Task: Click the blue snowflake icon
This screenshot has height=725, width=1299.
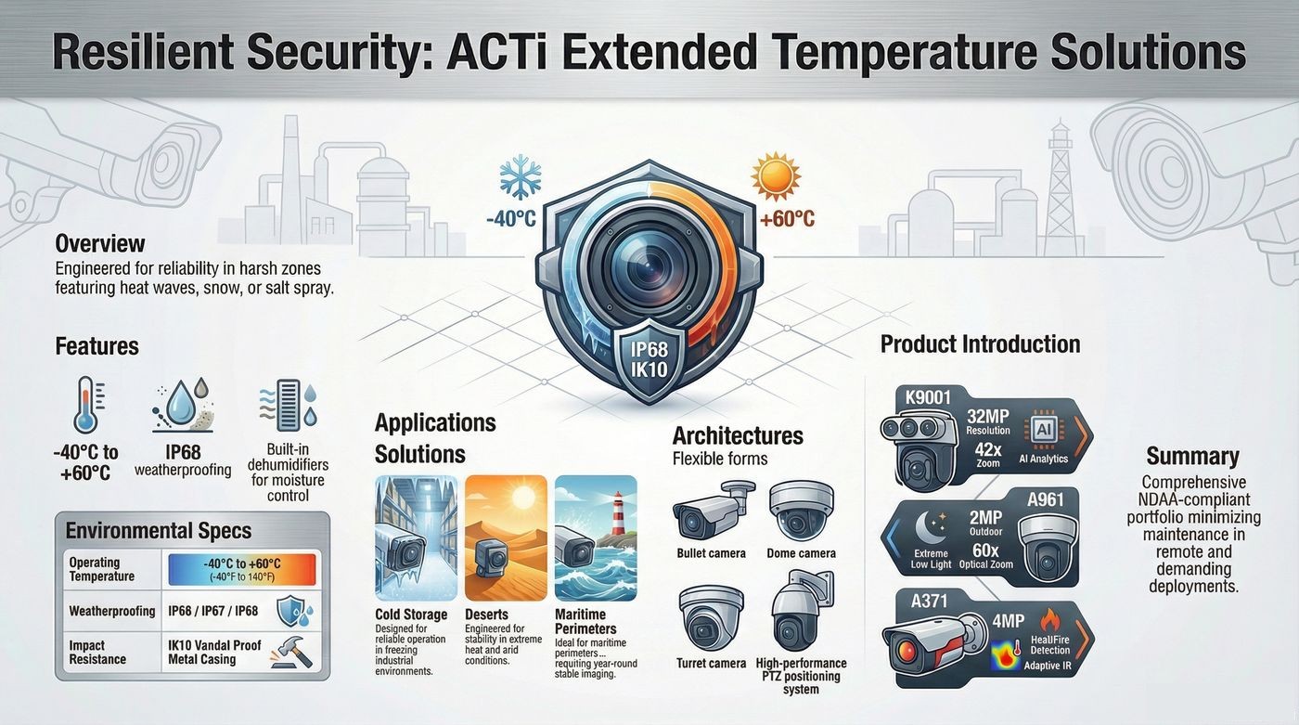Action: (521, 177)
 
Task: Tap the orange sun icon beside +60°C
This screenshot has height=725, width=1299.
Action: (776, 176)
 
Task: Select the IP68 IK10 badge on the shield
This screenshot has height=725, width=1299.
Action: (649, 360)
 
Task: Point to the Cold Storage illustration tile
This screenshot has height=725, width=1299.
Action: (416, 538)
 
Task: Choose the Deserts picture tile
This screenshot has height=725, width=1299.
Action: (506, 538)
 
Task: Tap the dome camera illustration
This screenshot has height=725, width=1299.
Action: (802, 511)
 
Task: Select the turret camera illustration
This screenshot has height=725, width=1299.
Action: (711, 617)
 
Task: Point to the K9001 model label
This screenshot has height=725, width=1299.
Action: (929, 397)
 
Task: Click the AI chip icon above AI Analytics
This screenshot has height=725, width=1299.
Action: (1043, 430)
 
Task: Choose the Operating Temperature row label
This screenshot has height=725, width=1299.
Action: (101, 569)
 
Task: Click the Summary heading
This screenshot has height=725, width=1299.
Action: (1192, 457)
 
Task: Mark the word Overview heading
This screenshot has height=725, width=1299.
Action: (100, 243)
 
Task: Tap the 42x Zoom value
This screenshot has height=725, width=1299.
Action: (987, 455)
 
